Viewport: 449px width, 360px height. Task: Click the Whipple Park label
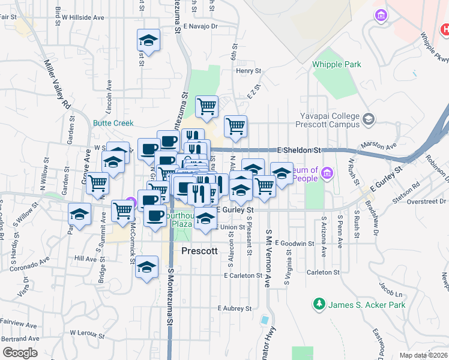click(x=336, y=64)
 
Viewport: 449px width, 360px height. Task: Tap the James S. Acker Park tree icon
click(x=318, y=305)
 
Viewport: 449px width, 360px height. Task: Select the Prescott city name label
click(x=199, y=251)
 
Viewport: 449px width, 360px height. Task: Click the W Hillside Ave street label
click(x=82, y=18)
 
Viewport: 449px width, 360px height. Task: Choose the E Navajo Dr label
click(x=200, y=26)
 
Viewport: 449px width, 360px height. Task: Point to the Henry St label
click(x=249, y=71)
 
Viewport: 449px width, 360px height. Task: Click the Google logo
click(x=20, y=353)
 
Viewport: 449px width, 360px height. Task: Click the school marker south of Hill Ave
click(x=146, y=267)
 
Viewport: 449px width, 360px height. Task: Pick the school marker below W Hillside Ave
click(x=148, y=40)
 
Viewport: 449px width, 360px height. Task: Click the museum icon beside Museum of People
click(x=327, y=174)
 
